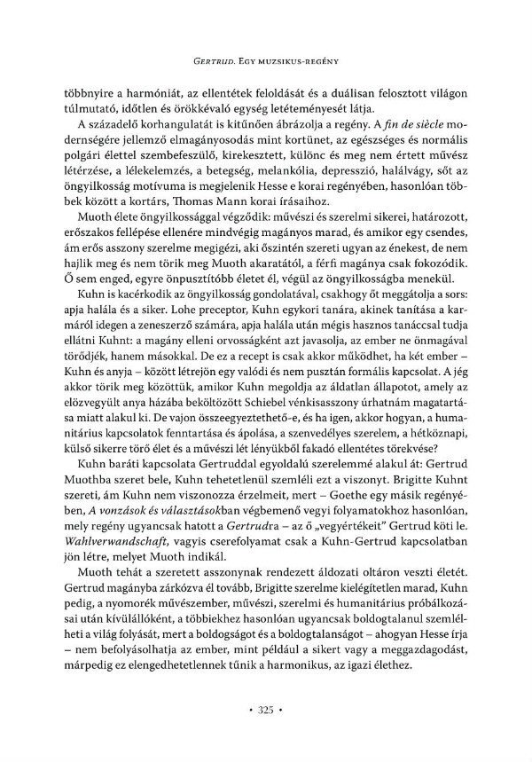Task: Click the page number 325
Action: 266,710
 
